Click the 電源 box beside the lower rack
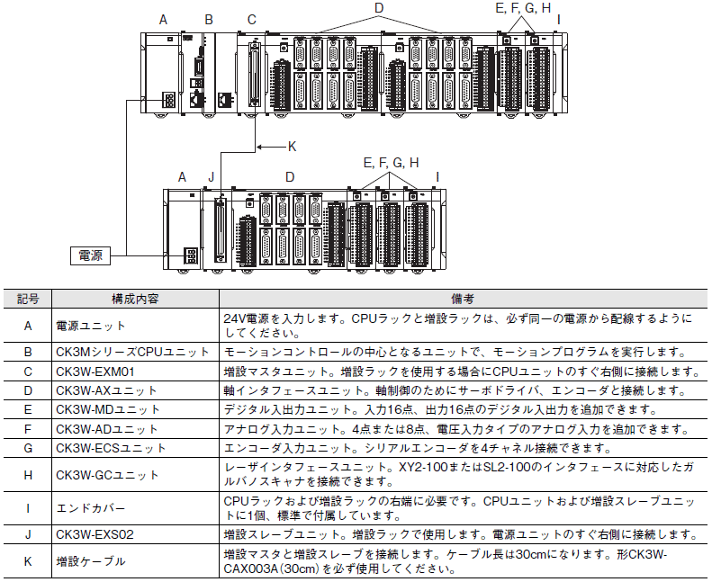[90, 255]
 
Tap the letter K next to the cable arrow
[292, 147]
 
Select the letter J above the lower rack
[212, 177]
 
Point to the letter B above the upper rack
[209, 20]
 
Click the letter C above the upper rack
[251, 20]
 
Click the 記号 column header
[28, 299]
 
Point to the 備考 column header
[463, 299]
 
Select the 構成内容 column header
[135, 299]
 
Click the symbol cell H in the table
[28, 475]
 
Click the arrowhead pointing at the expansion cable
[259, 147]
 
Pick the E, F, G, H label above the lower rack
[391, 163]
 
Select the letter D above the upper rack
[379, 8]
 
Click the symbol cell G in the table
[28, 448]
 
